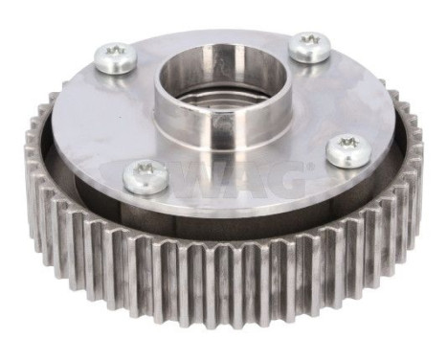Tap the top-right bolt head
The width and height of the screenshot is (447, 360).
309,46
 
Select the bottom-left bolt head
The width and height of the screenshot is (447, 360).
146,175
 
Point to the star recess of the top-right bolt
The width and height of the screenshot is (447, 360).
309,42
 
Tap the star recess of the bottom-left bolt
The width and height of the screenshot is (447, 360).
146,171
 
